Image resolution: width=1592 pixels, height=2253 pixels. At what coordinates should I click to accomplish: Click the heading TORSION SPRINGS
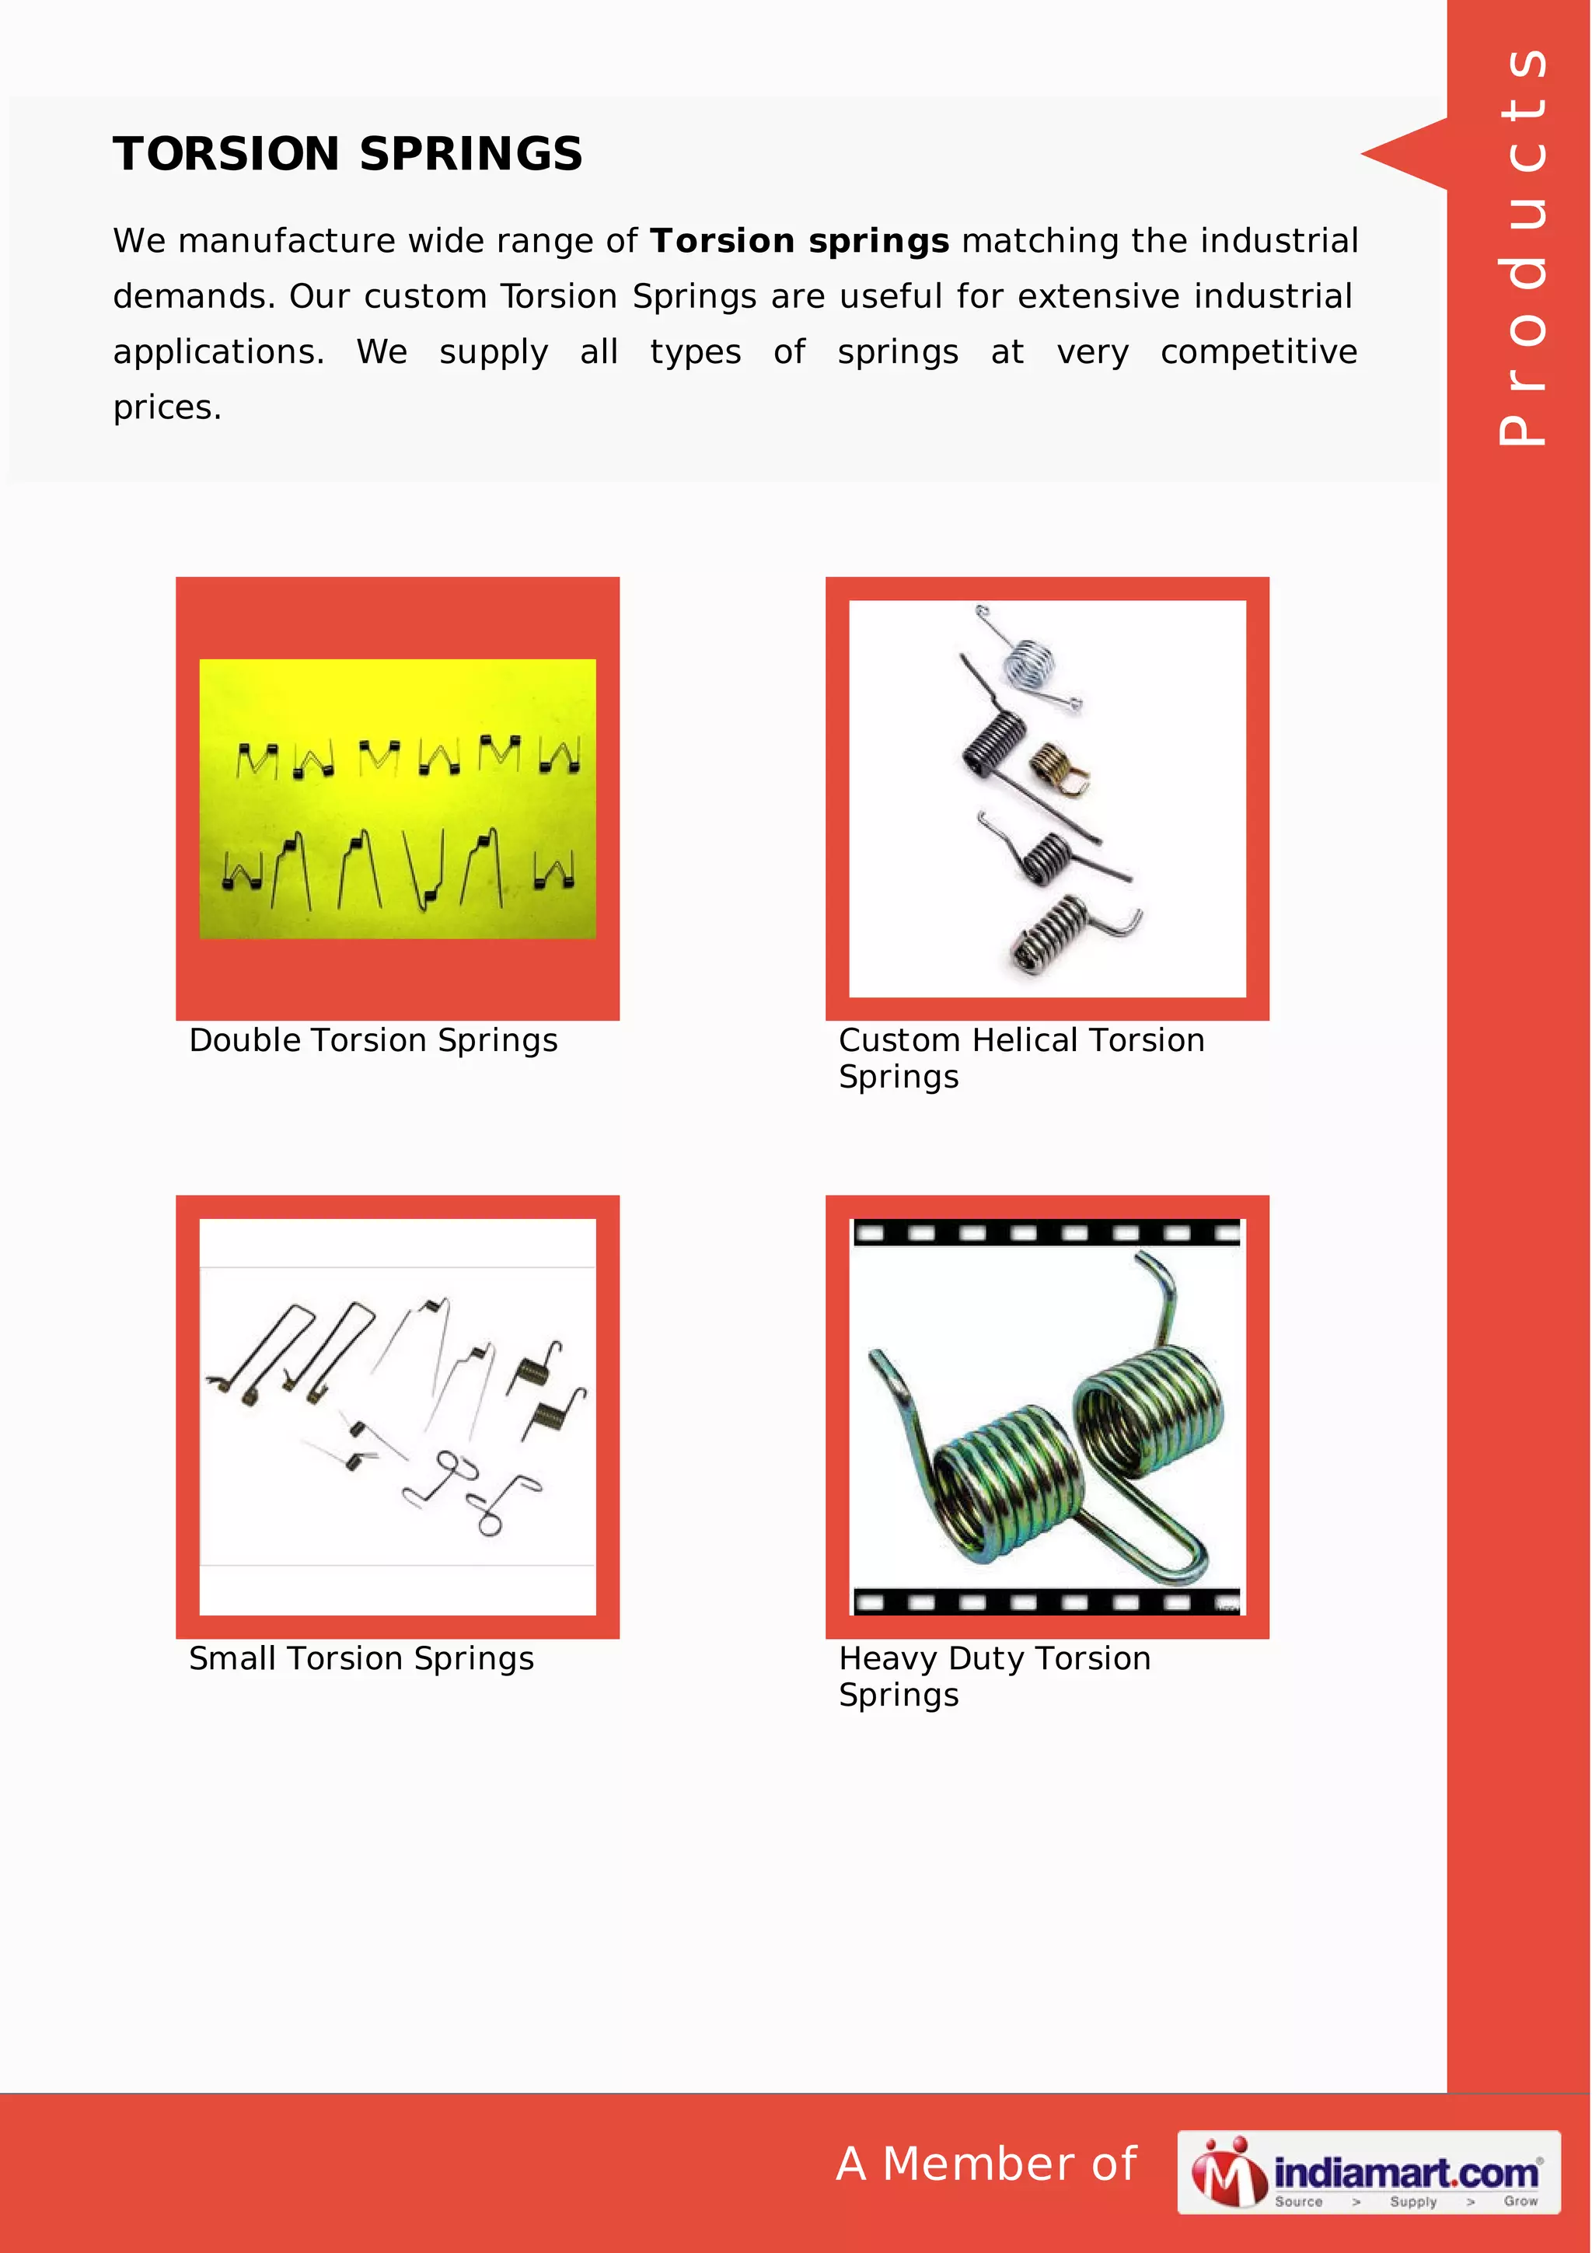tap(347, 154)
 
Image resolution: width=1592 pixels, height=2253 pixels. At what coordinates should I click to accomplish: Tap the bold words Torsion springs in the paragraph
tap(799, 240)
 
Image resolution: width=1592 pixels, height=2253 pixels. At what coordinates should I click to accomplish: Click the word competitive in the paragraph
tap(1259, 351)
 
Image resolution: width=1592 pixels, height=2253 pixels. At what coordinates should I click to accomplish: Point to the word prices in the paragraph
tap(167, 407)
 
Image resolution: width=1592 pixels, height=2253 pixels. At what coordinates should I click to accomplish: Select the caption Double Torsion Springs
tap(373, 1040)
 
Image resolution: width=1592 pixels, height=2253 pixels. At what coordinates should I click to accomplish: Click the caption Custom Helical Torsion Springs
tap(1020, 1058)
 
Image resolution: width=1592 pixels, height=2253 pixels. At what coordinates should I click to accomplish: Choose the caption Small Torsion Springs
tap(361, 1658)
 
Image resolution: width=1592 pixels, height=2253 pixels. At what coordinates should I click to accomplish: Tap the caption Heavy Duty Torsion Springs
tap(993, 1676)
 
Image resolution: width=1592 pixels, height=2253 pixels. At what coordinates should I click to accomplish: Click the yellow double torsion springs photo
tap(397, 798)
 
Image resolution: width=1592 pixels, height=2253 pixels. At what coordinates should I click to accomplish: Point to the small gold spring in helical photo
tap(1057, 767)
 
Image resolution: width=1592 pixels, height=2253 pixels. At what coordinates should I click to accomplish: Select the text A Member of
tap(986, 2164)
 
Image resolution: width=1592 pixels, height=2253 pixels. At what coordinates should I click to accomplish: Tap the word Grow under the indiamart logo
tap(1520, 2201)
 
